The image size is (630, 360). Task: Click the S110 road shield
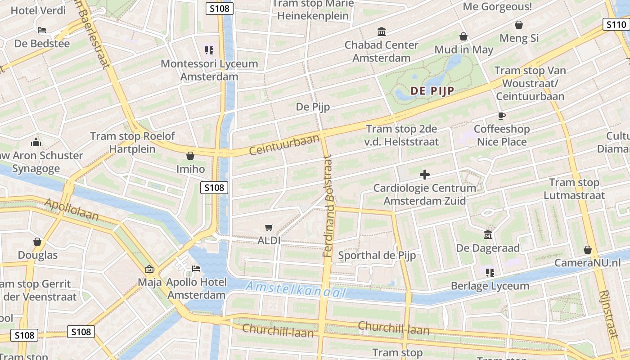tap(616, 24)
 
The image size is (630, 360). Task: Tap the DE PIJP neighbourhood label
tap(432, 91)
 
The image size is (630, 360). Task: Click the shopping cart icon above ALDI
tap(269, 228)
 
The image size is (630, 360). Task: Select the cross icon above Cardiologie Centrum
tap(424, 174)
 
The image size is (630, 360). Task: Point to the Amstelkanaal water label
tap(296, 290)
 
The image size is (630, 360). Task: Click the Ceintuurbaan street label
tap(284, 144)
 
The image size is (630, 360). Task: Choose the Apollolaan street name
tap(72, 210)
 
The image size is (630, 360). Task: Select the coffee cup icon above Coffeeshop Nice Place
tap(502, 116)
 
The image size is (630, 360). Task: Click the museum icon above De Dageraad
tap(488, 235)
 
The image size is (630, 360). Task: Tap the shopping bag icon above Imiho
tap(190, 156)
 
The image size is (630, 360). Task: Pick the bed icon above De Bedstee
tap(42, 30)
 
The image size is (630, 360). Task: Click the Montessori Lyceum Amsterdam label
tap(209, 70)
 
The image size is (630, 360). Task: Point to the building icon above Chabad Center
tap(382, 31)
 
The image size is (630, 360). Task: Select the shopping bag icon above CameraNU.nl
tap(587, 250)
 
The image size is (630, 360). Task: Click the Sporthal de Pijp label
tap(377, 255)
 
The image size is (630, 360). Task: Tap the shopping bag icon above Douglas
tap(37, 242)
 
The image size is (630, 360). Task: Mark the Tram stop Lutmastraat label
tap(574, 189)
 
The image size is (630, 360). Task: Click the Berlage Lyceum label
tap(490, 286)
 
